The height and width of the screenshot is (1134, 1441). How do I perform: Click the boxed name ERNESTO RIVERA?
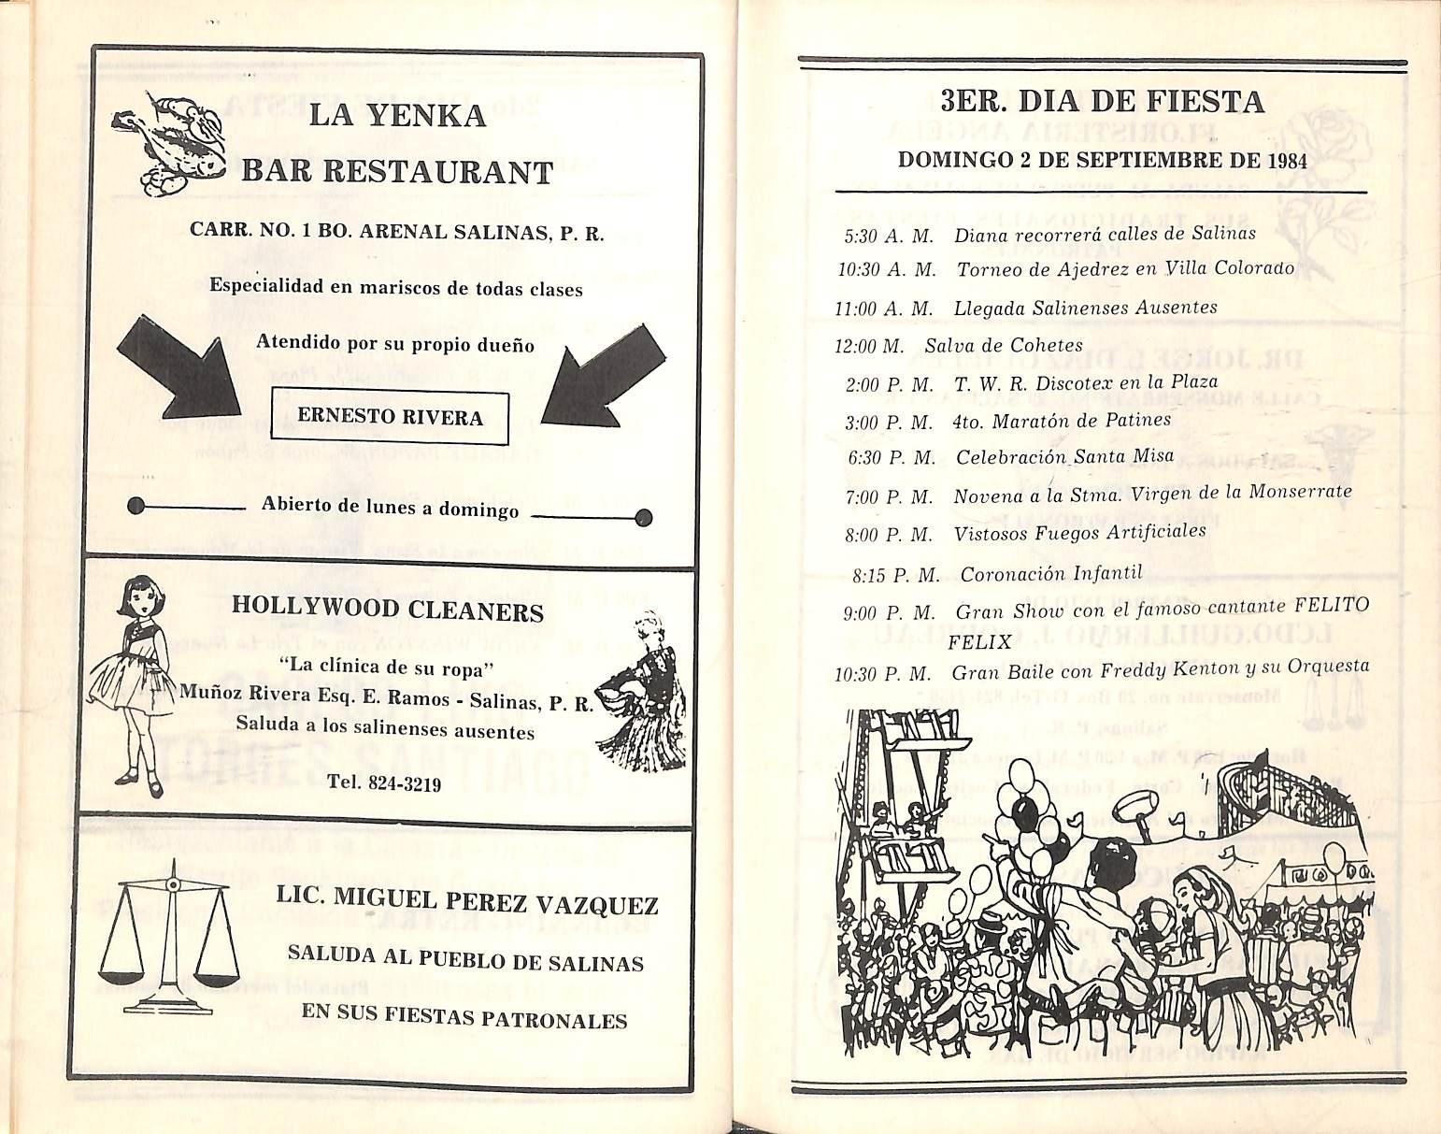[391, 417]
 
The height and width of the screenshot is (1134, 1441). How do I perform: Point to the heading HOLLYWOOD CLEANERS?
[387, 611]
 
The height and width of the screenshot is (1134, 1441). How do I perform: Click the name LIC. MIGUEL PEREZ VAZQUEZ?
[467, 901]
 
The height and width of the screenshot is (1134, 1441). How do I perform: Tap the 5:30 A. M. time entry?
[889, 237]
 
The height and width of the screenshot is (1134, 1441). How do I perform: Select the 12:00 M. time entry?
[869, 346]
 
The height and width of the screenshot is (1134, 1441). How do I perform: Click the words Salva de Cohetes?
[1004, 345]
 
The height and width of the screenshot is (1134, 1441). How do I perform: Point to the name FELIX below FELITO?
[979, 642]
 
